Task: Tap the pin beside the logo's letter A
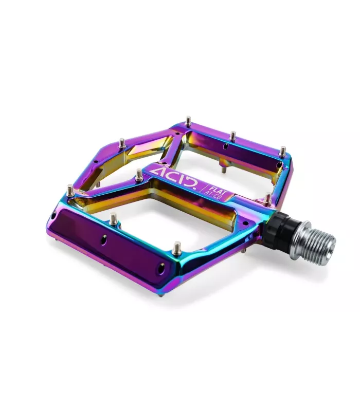coord(139,175)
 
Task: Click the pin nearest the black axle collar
coord(267,199)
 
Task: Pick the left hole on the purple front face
coord(104,239)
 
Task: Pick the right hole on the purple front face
coord(160,268)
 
